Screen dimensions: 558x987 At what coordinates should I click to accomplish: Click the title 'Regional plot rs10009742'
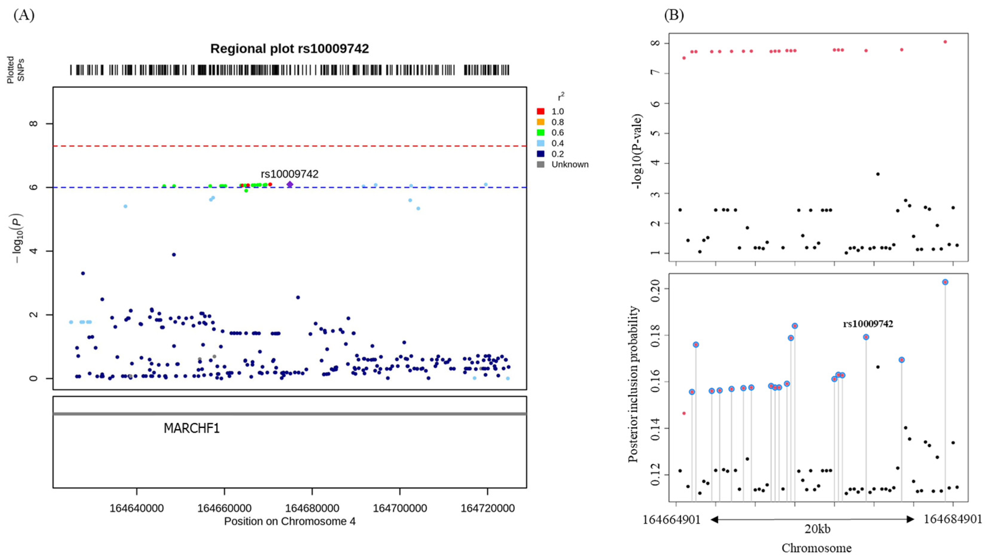click(x=290, y=49)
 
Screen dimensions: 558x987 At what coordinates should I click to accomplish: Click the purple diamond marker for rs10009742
click(x=290, y=184)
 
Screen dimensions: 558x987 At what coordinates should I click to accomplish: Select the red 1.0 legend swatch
click(x=540, y=112)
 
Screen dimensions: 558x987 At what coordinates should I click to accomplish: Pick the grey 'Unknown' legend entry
click(x=569, y=164)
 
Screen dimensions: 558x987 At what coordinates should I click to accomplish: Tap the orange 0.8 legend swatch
click(x=540, y=122)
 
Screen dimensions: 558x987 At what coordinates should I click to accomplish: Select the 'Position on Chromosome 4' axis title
click(x=290, y=522)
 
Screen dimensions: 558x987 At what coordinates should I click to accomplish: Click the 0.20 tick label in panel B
click(x=657, y=288)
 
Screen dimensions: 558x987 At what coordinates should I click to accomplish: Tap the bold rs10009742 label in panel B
click(x=868, y=324)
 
